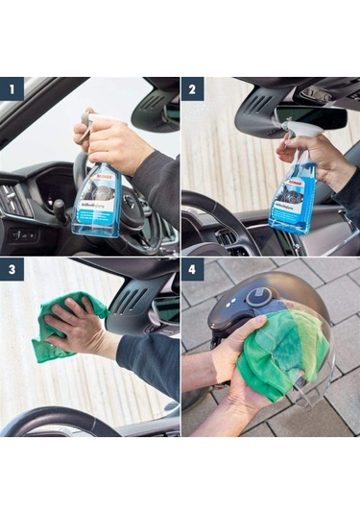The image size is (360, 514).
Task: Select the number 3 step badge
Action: pos(12,270)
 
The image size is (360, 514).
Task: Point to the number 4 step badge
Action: pos(193,270)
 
